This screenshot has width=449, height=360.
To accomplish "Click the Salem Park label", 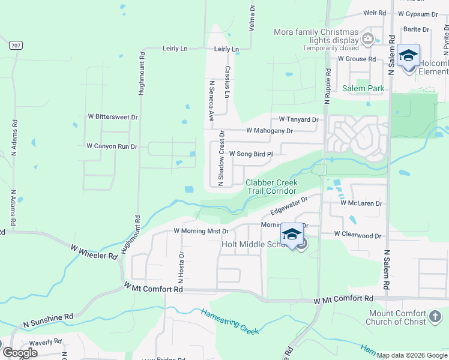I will (363, 88).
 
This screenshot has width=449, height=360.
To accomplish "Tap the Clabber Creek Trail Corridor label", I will (272, 187).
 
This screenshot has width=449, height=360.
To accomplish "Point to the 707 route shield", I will (16, 45).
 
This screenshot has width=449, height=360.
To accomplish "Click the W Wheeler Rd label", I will (94, 251).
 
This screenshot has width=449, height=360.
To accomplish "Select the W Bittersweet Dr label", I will (113, 117).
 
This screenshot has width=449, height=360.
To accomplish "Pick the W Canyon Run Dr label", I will (112, 146).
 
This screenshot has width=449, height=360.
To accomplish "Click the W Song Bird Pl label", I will (250, 154).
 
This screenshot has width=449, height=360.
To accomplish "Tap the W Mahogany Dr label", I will (270, 130).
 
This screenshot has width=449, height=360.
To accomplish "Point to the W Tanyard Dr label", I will (298, 119).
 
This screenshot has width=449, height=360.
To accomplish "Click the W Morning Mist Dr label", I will (201, 230).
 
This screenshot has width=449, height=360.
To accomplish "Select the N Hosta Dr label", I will (181, 268).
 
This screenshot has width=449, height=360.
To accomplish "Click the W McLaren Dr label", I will (361, 203).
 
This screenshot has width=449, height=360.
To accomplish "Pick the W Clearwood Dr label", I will (357, 235).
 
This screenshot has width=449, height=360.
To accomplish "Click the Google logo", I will (20, 353).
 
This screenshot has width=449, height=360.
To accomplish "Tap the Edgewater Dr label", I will (289, 206).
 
